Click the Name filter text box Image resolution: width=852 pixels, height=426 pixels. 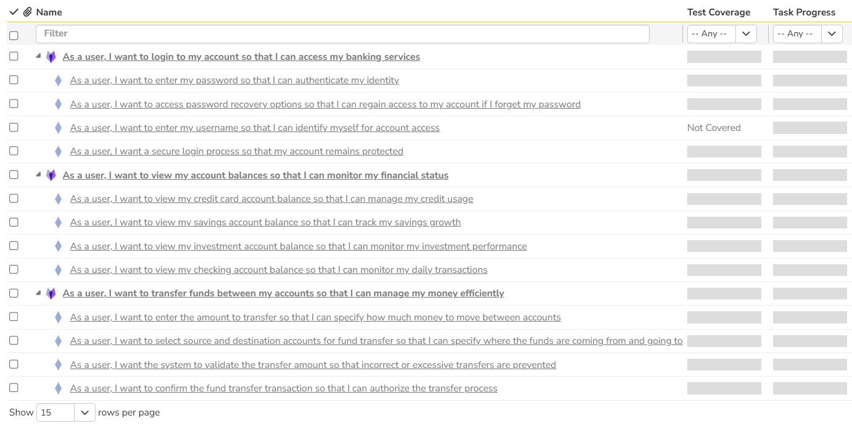point(342,34)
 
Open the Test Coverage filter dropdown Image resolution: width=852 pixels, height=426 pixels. point(722,34)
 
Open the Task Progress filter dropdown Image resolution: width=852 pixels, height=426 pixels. point(808,34)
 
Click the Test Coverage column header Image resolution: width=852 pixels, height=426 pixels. point(719,12)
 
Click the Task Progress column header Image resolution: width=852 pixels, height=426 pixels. point(804,12)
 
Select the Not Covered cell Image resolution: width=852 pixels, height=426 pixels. point(714,128)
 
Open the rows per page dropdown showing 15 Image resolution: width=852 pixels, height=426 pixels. point(66,412)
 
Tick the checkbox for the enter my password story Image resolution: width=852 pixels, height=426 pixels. point(14,80)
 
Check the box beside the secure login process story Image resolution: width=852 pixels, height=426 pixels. point(14,151)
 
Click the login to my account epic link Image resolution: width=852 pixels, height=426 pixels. point(241,57)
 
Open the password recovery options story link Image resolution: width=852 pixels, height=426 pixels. point(325,104)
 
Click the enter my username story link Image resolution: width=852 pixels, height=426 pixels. point(255,128)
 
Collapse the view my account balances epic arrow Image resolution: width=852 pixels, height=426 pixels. point(38,175)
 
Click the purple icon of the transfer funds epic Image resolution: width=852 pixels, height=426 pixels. point(51,293)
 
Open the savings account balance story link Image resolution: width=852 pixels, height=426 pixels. point(265,222)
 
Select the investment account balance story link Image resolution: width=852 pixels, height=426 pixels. point(299,246)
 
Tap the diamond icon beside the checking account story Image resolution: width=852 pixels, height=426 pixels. point(59,270)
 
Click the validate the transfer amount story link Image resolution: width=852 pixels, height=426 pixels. point(313,365)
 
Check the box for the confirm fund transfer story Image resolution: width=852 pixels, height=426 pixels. point(14,388)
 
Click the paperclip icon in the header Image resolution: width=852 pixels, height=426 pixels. point(27,12)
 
